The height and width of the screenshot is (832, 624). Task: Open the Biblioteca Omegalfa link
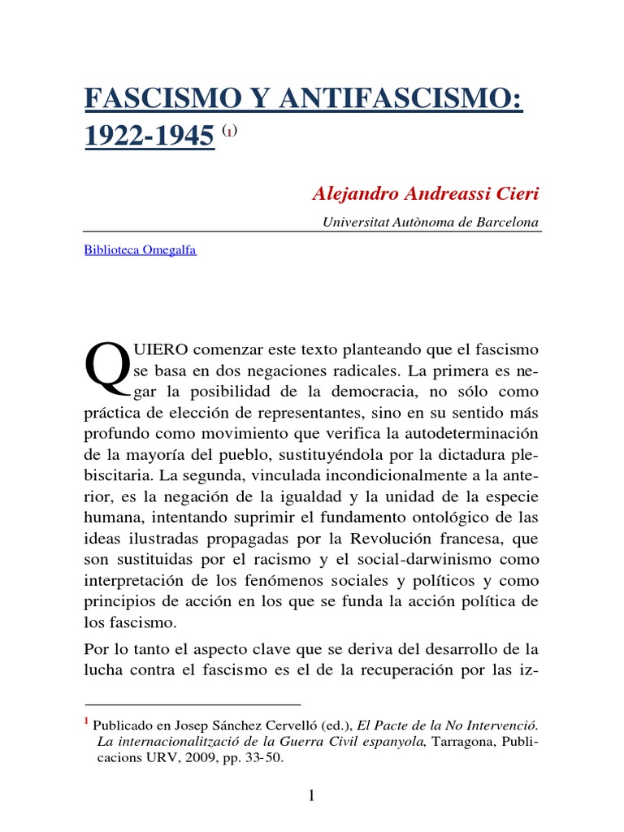click(x=140, y=249)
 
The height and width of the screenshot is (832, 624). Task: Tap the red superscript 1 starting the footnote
click(x=87, y=721)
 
